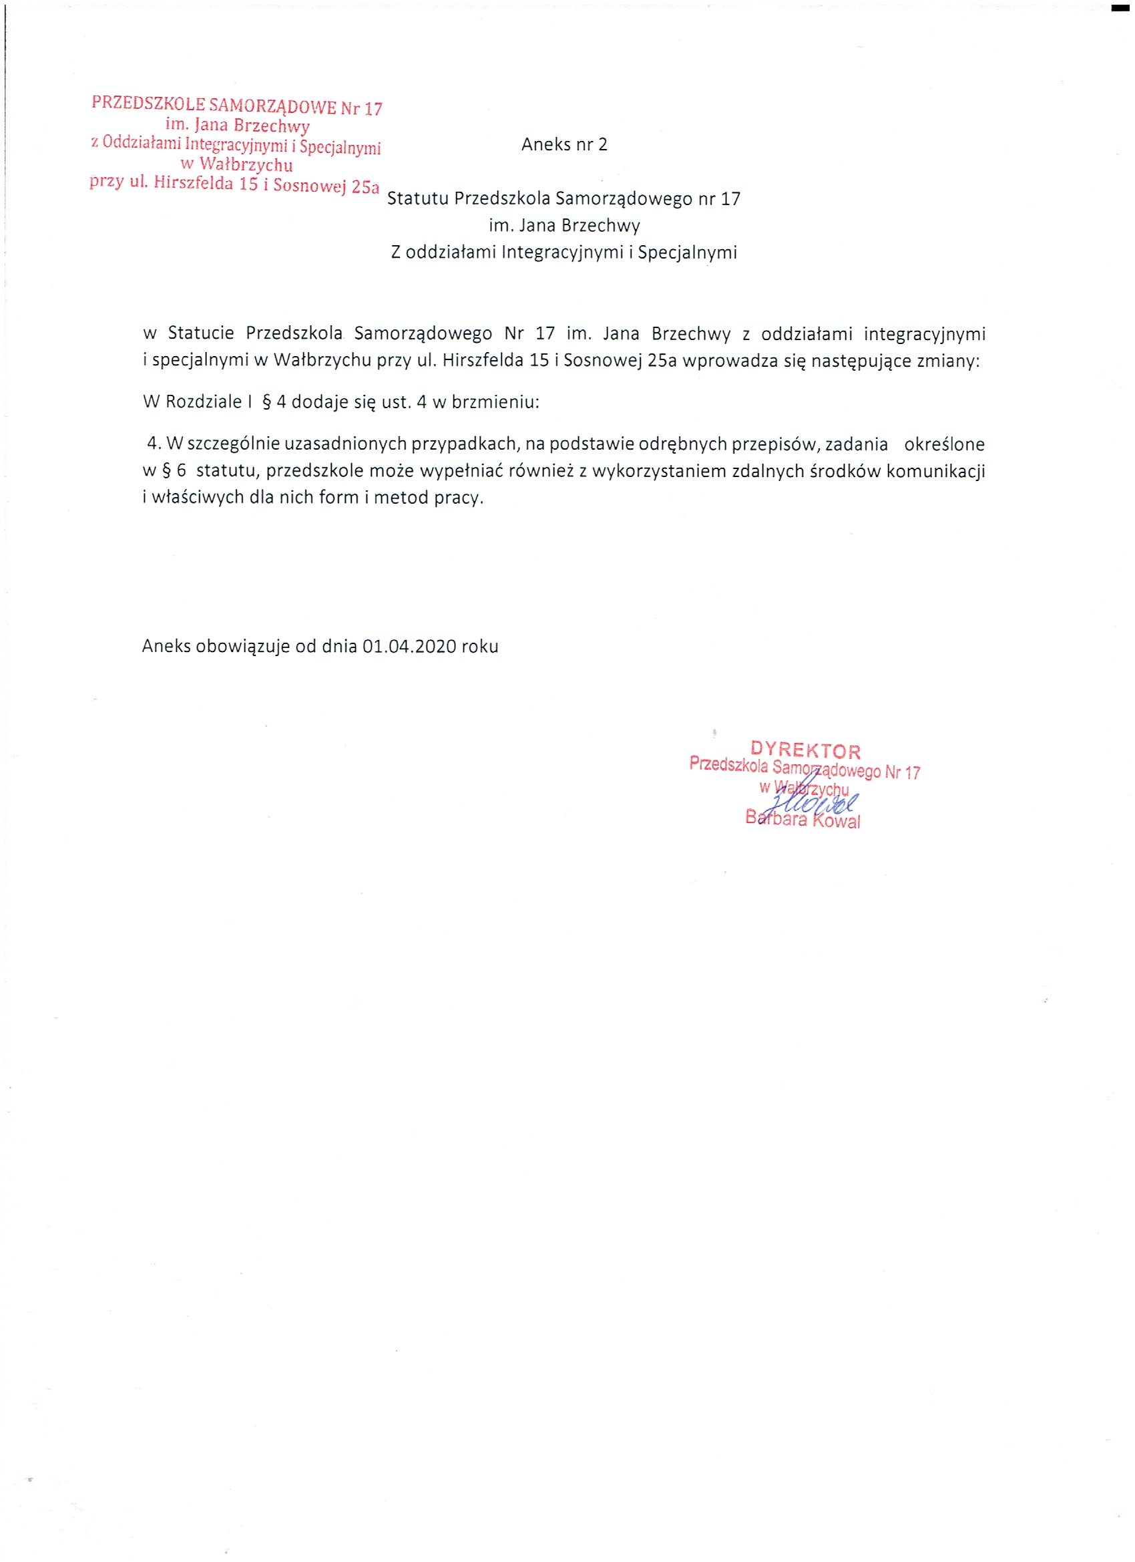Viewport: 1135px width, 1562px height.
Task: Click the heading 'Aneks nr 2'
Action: [563, 144]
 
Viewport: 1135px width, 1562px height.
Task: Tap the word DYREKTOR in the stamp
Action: [805, 750]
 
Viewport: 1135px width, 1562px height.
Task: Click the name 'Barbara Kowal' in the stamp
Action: [803, 820]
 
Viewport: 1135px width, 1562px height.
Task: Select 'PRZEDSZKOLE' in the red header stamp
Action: [148, 104]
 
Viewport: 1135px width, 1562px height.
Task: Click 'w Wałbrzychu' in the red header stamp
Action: [236, 164]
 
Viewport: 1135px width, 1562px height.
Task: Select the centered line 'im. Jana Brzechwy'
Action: [564, 226]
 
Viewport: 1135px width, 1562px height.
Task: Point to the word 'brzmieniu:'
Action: [495, 402]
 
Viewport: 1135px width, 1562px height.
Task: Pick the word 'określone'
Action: [943, 444]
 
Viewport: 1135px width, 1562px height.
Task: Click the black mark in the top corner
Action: [1120, 8]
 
